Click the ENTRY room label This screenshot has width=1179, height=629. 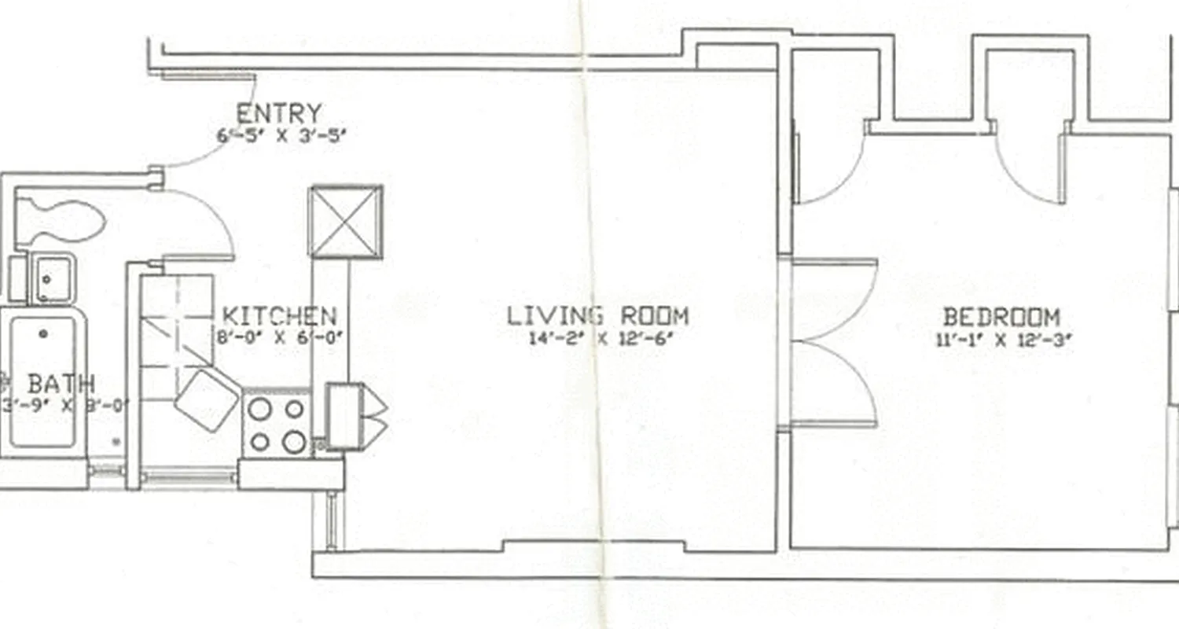click(279, 114)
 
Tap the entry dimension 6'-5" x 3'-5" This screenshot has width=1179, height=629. click(281, 134)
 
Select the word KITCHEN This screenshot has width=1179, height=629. click(280, 316)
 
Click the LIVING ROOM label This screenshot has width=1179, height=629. click(597, 316)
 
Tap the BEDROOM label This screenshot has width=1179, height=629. click(1001, 318)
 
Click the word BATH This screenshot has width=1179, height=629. click(61, 384)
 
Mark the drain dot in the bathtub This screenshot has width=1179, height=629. click(43, 334)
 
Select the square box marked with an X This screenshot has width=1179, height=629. click(346, 222)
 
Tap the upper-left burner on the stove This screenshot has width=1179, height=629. click(259, 408)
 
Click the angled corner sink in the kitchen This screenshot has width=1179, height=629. click(206, 399)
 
